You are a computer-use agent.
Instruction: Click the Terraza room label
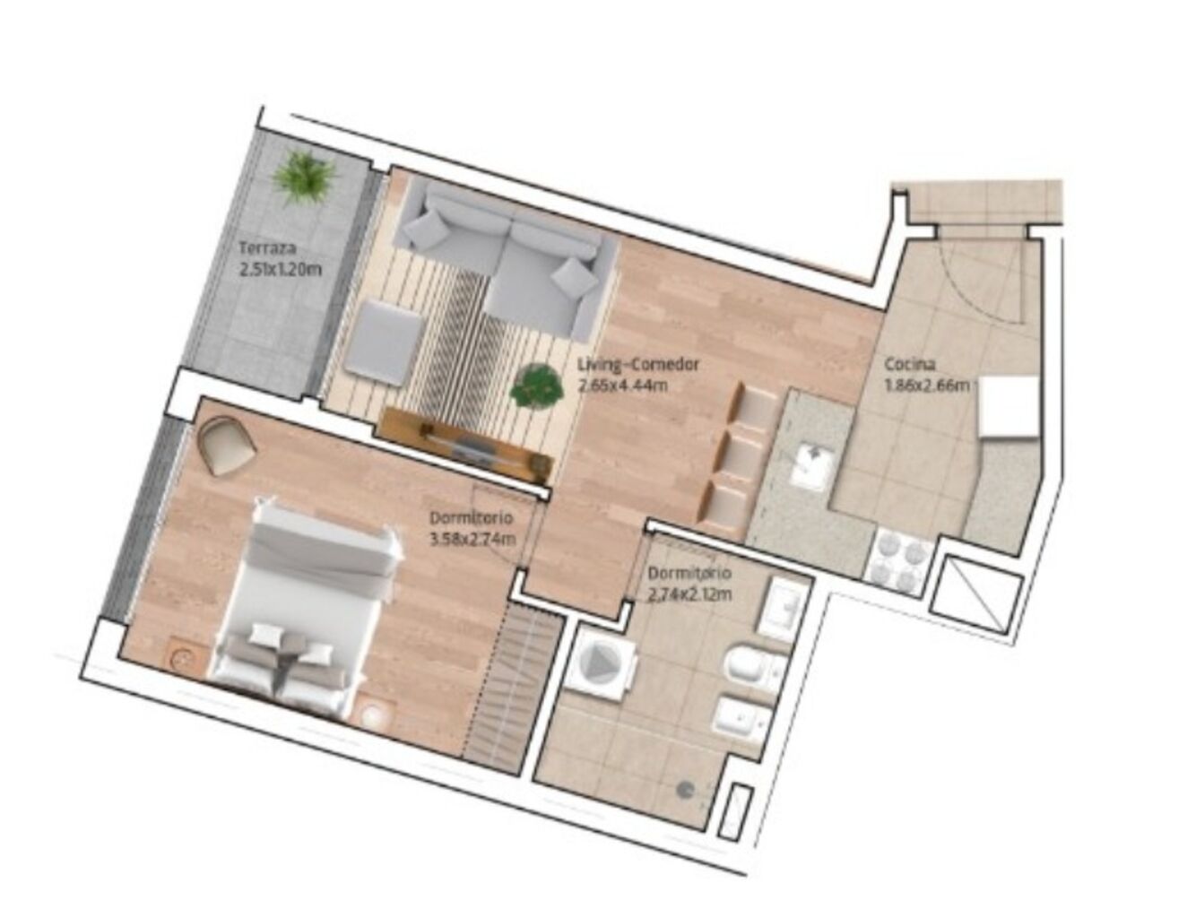point(268,248)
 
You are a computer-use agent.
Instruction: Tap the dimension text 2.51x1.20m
point(281,269)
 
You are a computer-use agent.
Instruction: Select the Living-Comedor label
point(638,364)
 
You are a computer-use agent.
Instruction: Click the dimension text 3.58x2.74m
point(472,540)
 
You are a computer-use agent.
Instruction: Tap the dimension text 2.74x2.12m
point(689,594)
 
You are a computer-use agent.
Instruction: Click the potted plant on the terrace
point(304,178)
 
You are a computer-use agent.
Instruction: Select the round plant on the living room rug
point(537,386)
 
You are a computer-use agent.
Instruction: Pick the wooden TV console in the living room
point(468,444)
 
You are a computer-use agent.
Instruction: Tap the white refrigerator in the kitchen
point(1009,407)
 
